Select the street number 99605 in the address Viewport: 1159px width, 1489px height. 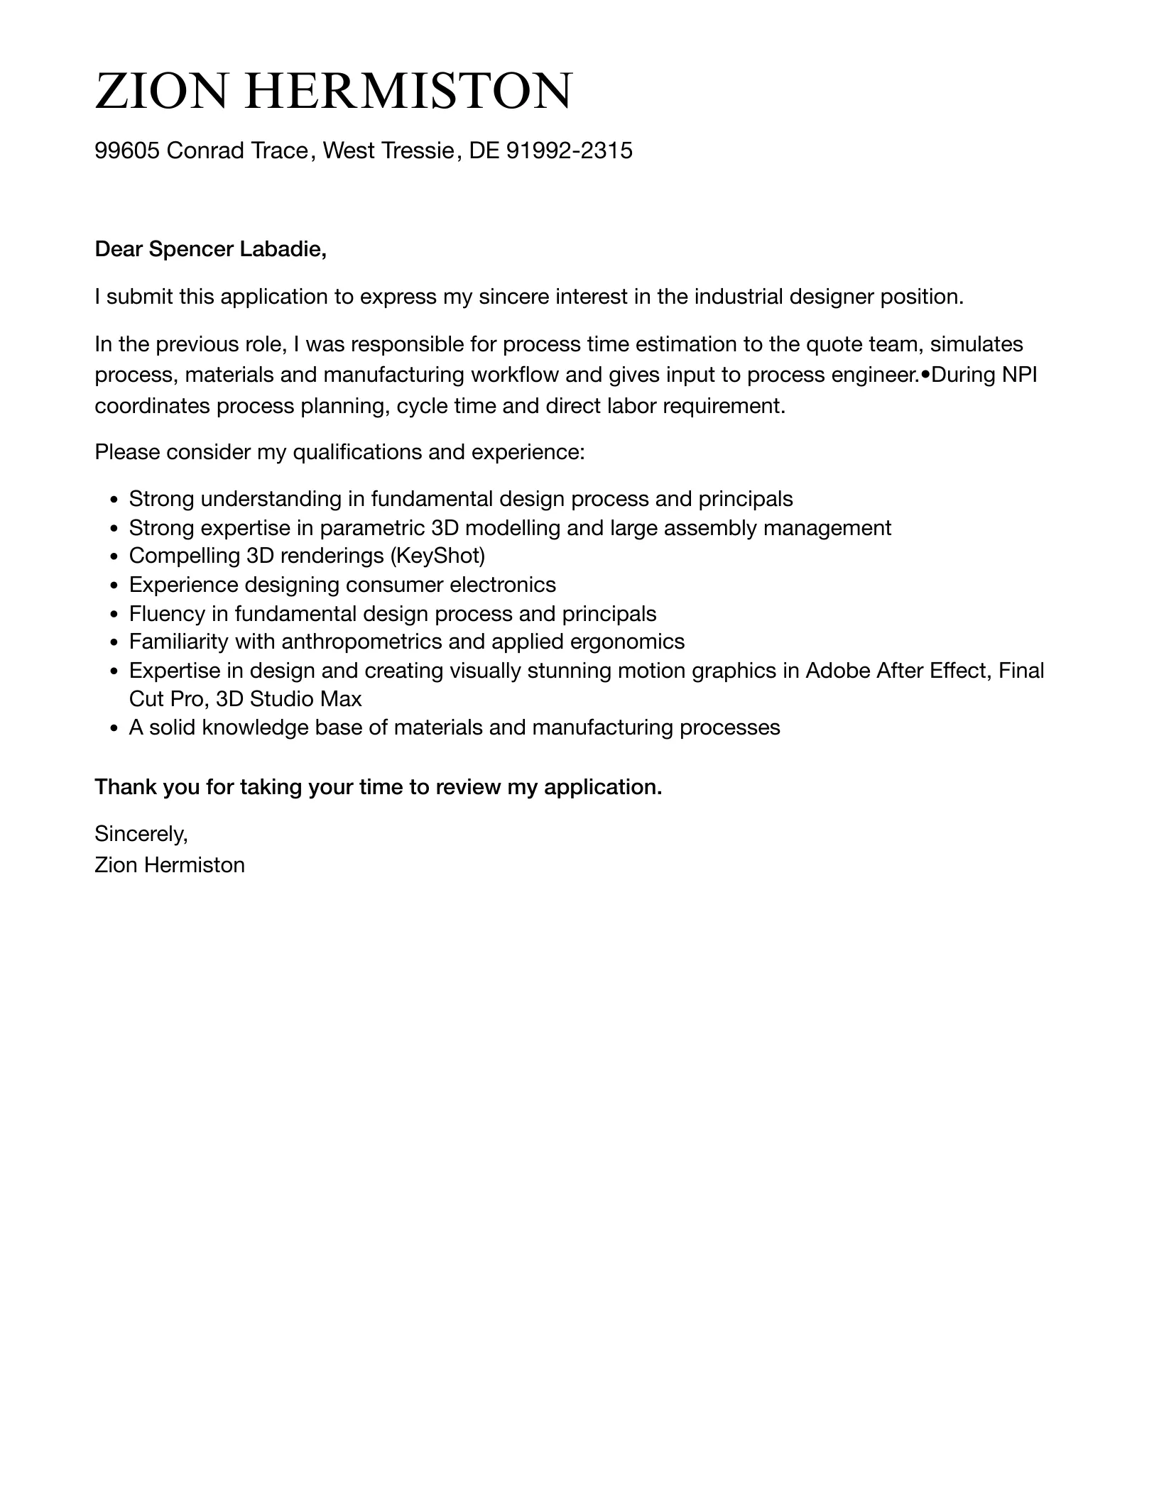(127, 150)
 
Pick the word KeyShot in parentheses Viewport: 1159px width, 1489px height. (437, 556)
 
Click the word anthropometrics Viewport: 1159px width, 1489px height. (362, 642)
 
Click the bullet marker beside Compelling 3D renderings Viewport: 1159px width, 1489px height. (114, 556)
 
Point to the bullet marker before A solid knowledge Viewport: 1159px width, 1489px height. (114, 728)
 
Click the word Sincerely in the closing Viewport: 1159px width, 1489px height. (140, 834)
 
